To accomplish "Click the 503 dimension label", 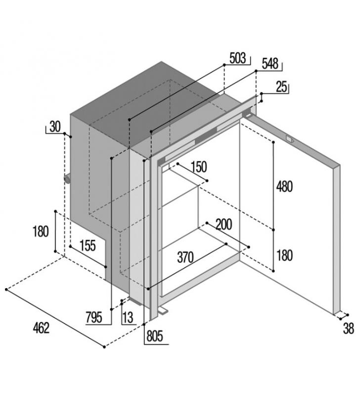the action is tap(237, 58).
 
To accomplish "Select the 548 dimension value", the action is tap(270, 64).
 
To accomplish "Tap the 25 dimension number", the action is tap(281, 87).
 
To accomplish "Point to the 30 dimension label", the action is tap(55, 127).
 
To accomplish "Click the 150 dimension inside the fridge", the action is tap(199, 167).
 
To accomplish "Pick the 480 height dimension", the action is tap(284, 187).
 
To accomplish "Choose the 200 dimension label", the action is tap(224, 224).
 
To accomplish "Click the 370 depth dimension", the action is tap(185, 257).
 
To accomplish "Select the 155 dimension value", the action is tap(88, 246).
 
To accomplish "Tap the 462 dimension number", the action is tap(41, 328).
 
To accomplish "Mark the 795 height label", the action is tap(94, 317).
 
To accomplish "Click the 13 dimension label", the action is tap(128, 318).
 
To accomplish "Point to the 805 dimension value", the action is tap(155, 336).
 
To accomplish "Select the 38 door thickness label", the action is tap(349, 329).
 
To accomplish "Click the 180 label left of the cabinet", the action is tap(41, 231).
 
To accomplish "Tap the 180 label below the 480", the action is tap(284, 255).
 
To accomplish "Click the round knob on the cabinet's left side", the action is tap(67, 179).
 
